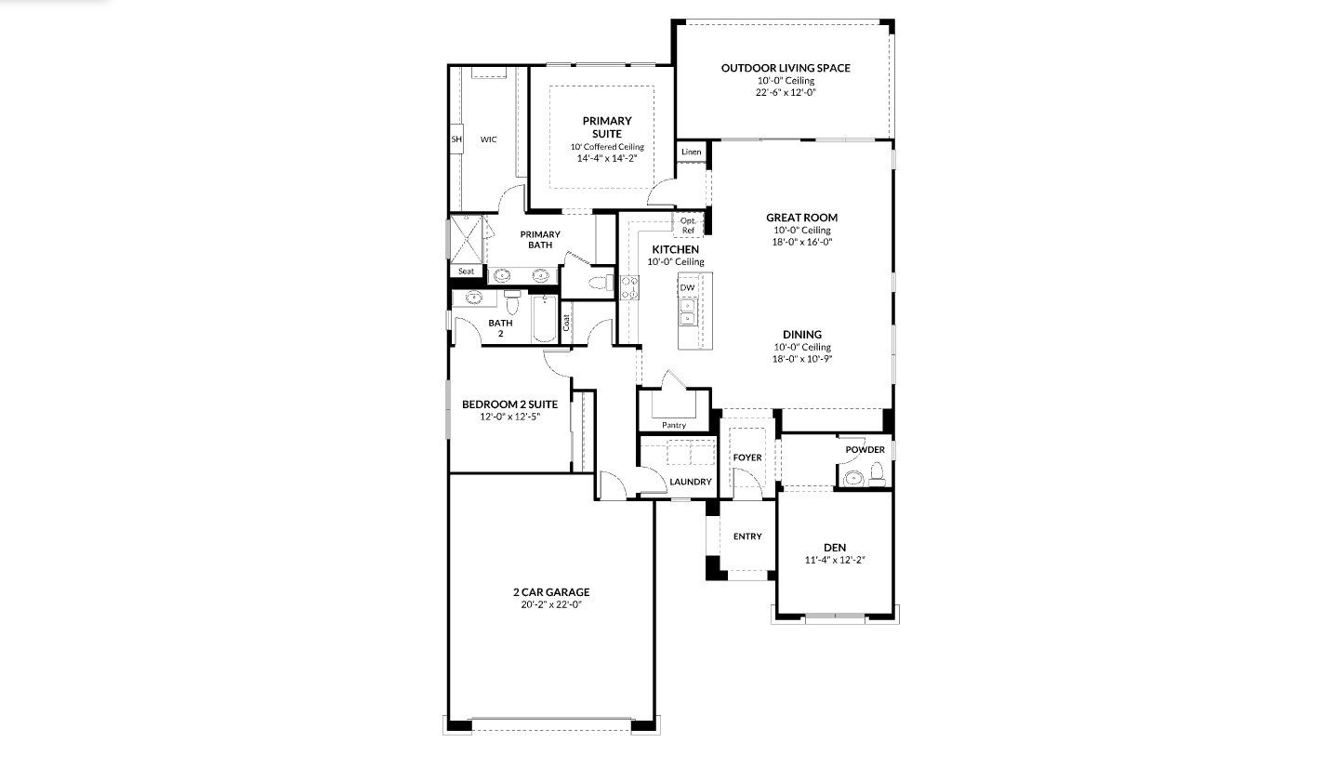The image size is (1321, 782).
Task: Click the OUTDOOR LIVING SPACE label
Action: pos(786,68)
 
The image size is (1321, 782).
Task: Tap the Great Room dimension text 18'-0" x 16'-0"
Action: pos(802,242)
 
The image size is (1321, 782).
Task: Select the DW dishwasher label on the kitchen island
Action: pos(688,288)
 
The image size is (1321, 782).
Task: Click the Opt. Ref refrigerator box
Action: pos(688,225)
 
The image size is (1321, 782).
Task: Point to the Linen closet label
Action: pos(691,152)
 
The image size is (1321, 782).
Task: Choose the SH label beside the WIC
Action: pos(456,139)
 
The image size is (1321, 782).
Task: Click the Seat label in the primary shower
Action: pos(466,272)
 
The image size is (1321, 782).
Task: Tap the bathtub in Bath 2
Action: pos(545,319)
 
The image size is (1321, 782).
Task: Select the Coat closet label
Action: pos(566,322)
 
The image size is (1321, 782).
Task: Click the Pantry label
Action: pos(674,425)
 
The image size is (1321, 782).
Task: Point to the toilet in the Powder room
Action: pos(878,473)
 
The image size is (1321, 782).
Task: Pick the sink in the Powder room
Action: pos(852,478)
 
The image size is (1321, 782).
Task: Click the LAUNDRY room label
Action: pos(691,482)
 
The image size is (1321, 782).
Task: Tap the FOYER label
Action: pos(747,457)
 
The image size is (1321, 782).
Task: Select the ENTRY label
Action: pos(747,537)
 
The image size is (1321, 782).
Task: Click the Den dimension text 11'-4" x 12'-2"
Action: pos(835,560)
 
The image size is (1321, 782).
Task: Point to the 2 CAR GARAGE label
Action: pos(551,592)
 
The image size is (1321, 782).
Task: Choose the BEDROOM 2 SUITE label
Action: pos(509,404)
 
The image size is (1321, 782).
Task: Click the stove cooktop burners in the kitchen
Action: pos(629,288)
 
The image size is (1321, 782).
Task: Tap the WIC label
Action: pos(488,139)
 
